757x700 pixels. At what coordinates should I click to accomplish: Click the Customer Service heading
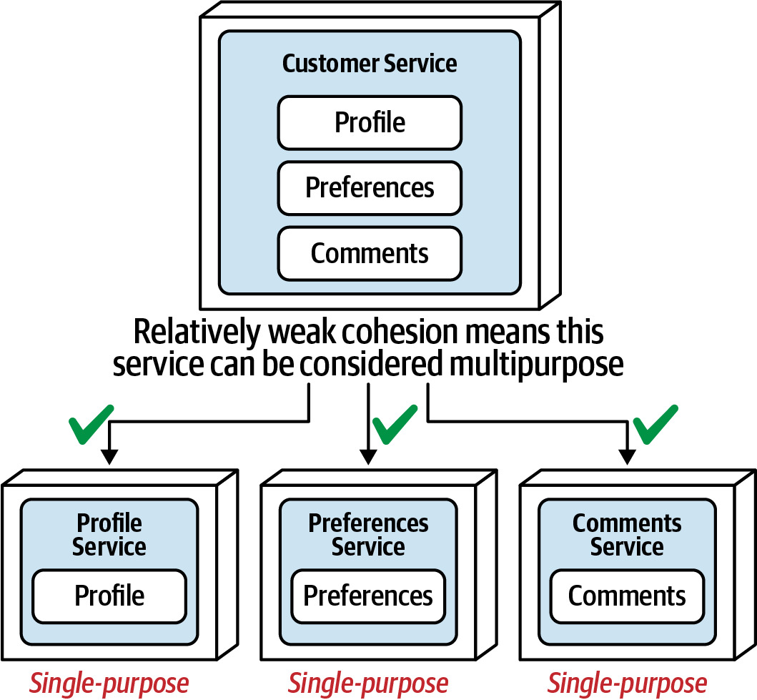point(370,64)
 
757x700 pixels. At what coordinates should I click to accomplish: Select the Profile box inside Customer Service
point(370,122)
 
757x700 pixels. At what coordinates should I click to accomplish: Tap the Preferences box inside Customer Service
point(370,188)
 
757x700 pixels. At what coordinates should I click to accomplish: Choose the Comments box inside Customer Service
point(370,253)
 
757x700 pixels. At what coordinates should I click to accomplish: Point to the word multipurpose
point(536,365)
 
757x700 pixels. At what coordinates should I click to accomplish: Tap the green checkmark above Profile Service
point(91,425)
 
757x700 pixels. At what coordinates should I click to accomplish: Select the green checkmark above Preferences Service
point(395,425)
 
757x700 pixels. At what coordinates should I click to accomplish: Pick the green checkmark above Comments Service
point(655,425)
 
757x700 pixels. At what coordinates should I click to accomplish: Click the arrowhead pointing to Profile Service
point(109,457)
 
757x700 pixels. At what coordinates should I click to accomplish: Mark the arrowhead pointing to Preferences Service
point(368,457)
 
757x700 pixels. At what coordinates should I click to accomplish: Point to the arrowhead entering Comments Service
point(627,457)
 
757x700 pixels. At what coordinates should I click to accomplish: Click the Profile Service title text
point(109,535)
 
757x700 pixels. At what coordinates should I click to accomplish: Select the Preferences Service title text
point(368,535)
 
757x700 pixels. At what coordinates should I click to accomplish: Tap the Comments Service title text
point(627,535)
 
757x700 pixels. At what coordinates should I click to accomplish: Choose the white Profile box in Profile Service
point(109,596)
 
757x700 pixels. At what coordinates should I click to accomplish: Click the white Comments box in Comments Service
point(627,596)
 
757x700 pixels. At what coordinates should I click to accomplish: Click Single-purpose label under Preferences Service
point(368,684)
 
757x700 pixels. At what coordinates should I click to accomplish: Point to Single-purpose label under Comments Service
point(627,684)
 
